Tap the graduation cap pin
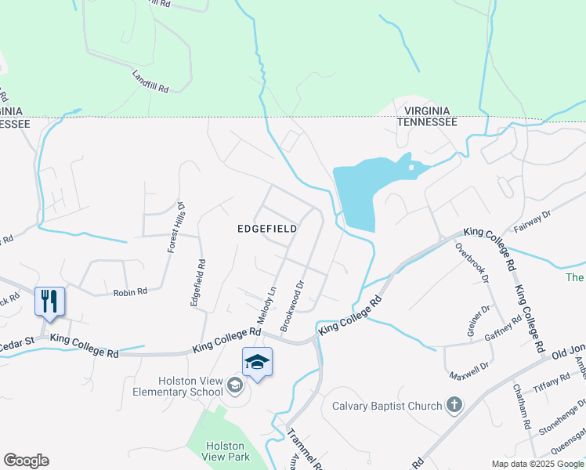pyautogui.click(x=257, y=363)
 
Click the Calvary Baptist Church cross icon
pyautogui.click(x=454, y=405)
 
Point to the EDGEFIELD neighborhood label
pyautogui.click(x=268, y=229)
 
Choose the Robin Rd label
pyautogui.click(x=130, y=292)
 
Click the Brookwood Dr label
pyautogui.click(x=292, y=302)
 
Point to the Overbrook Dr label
pyautogui.click(x=472, y=262)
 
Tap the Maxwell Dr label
pyautogui.click(x=469, y=366)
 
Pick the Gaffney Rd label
pyautogui.click(x=505, y=330)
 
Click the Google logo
pyautogui.click(x=26, y=461)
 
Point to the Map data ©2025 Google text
pyautogui.click(x=537, y=464)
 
